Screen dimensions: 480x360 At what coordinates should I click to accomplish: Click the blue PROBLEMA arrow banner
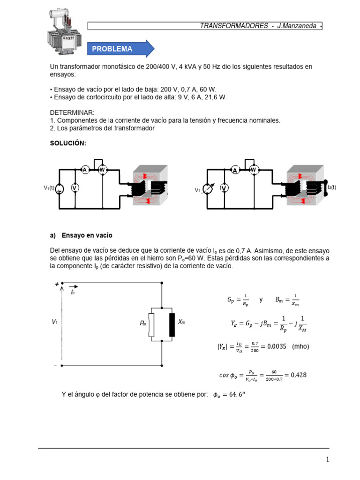pyautogui.click(x=120, y=49)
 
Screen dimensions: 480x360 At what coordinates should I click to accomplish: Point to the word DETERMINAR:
pyautogui.click(x=72, y=112)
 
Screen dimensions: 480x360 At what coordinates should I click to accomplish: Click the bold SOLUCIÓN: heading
pyautogui.click(x=68, y=143)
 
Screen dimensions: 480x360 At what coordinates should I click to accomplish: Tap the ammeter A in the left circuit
pyautogui.click(x=85, y=170)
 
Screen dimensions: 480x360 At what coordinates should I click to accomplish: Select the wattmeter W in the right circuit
pyautogui.click(x=254, y=169)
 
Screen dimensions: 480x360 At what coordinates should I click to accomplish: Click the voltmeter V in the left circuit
pyautogui.click(x=75, y=187)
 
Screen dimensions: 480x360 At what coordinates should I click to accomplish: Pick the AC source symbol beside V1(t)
pyautogui.click(x=60, y=188)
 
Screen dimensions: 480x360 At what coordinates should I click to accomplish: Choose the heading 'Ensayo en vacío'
pyautogui.click(x=87, y=235)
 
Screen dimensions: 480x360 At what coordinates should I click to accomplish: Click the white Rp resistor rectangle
pyautogui.click(x=151, y=323)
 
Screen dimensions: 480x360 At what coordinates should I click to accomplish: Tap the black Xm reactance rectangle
pyautogui.click(x=172, y=323)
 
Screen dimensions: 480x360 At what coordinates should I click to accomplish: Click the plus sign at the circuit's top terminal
pyautogui.click(x=57, y=284)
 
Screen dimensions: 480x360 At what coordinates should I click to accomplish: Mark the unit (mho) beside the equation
pyautogui.click(x=300, y=346)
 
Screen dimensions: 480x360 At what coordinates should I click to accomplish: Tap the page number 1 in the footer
pyautogui.click(x=328, y=460)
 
